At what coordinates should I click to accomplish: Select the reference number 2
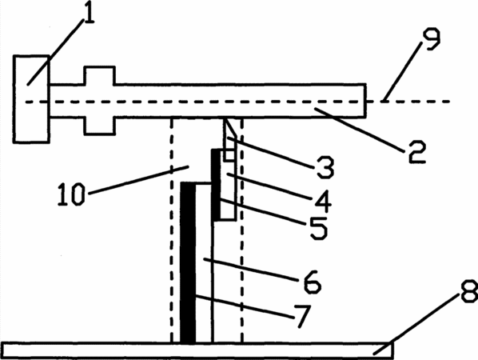417,152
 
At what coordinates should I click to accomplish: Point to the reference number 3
325,167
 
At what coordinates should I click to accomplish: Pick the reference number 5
319,228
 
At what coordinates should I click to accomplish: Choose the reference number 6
313,282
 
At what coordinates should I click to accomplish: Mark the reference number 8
469,291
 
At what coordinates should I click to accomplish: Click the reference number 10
70,194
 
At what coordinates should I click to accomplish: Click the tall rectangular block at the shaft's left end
31,99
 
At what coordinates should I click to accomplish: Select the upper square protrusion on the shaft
100,75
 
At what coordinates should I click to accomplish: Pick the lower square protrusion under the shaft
100,126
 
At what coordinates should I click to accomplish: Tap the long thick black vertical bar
188,262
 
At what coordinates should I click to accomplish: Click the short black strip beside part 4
216,184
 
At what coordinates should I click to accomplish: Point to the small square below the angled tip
229,155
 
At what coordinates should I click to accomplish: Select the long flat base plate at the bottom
197,350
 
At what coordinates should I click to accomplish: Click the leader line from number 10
139,180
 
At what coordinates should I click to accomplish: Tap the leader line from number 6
249,270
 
